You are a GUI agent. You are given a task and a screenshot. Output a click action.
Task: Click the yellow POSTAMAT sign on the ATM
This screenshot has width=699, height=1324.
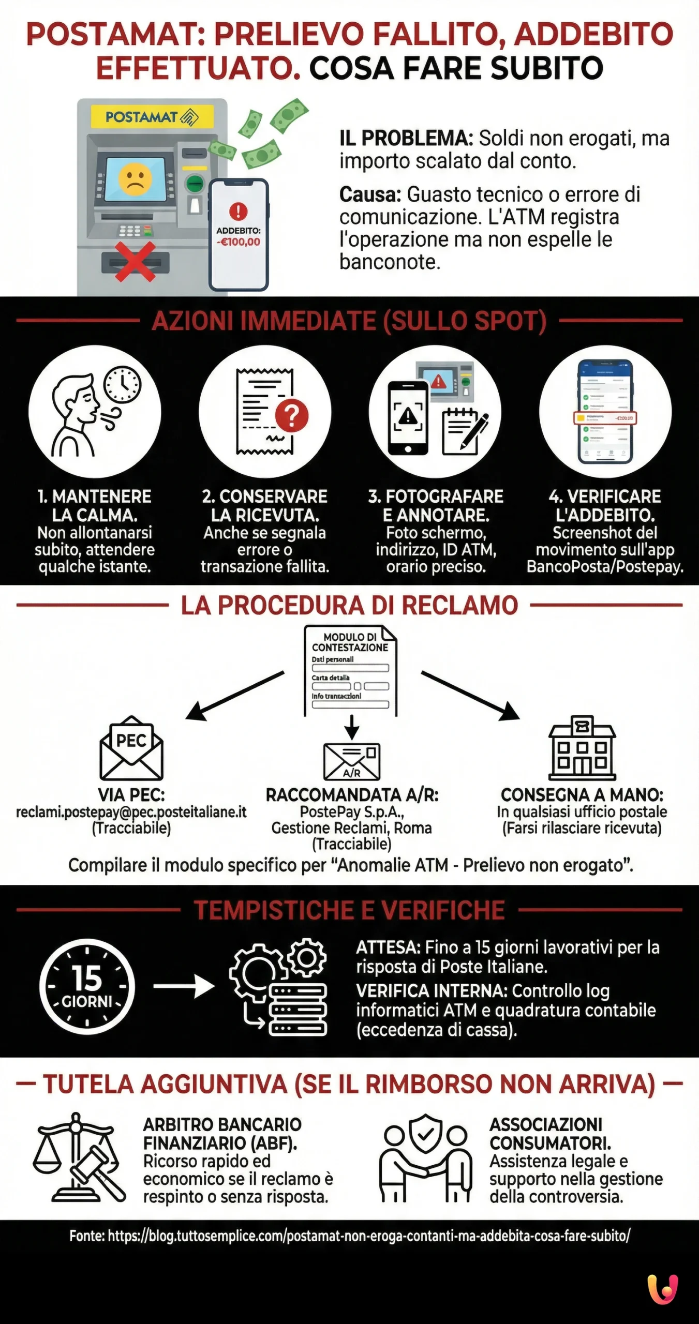tap(152, 117)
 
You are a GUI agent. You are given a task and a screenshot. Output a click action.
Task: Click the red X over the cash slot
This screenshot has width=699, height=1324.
tap(135, 262)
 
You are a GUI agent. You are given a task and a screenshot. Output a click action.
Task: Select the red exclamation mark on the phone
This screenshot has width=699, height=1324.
tap(238, 211)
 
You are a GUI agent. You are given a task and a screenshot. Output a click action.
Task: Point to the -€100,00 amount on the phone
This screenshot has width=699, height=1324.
tap(238, 242)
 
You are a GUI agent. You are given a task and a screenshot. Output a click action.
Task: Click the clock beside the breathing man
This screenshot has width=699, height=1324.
tap(122, 385)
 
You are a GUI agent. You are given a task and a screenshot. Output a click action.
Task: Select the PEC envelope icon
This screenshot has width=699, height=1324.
tap(131, 748)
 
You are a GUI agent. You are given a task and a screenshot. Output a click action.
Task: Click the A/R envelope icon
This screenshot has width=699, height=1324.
tap(351, 761)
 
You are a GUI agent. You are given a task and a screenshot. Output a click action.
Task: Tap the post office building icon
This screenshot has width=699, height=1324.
tap(582, 748)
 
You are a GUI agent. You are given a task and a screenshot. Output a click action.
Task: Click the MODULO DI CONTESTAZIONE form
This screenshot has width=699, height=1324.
tap(350, 671)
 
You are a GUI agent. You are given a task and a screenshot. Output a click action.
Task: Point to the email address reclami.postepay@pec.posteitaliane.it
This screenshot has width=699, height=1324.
tap(131, 812)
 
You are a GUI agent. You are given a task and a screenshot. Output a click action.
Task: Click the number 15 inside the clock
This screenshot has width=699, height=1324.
tap(87, 979)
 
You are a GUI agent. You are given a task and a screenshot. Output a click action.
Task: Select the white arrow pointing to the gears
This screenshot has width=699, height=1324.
tap(184, 987)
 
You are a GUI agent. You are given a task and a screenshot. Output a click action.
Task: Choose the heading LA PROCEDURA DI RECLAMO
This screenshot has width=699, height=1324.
tap(349, 605)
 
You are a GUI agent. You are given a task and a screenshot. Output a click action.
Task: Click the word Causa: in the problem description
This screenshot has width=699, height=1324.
tap(370, 195)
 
